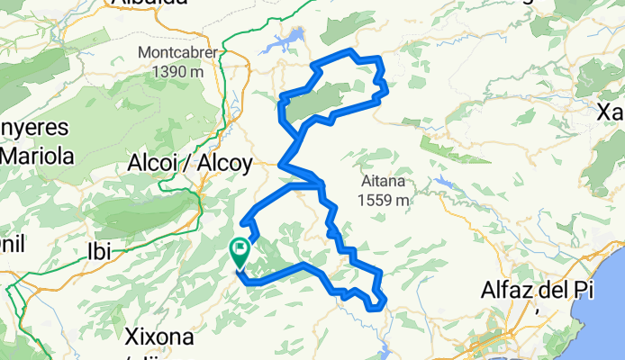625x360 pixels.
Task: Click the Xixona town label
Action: [x=158, y=338]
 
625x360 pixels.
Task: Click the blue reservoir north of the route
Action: [x=286, y=43]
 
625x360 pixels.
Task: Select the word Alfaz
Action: [x=507, y=291]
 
